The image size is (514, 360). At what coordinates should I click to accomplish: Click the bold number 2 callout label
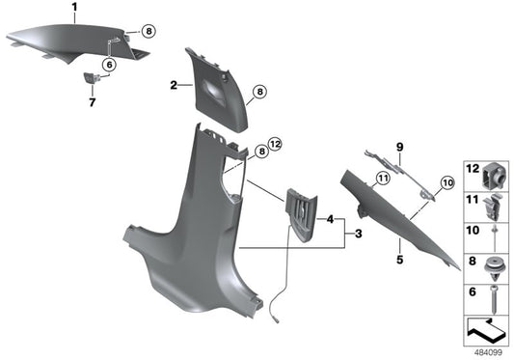click(174, 87)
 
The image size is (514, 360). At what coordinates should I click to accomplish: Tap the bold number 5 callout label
click(397, 260)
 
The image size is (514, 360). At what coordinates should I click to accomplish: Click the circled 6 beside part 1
click(108, 64)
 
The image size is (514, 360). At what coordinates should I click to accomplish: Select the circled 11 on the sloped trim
click(383, 178)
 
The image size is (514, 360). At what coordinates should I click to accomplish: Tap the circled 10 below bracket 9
click(446, 181)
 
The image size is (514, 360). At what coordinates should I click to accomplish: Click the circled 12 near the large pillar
click(274, 145)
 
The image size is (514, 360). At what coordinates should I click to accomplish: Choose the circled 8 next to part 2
click(258, 92)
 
